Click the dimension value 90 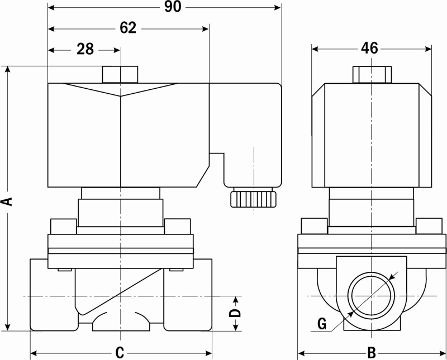pos(173,7)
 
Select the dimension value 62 pos(128,28)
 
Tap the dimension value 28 pos(85,49)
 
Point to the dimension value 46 pos(369,48)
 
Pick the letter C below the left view pos(120,353)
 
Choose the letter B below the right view pos(372,353)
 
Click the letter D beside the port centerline pos(235,313)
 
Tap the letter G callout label pos(322,324)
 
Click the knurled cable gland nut pos(253,199)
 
